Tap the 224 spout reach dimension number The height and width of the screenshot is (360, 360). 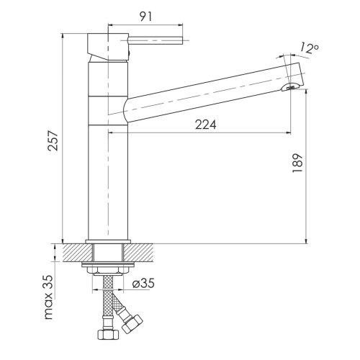pos(205,125)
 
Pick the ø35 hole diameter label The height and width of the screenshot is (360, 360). pos(145,284)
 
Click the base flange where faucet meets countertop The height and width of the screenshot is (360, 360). pos(108,241)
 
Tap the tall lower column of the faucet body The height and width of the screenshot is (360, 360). pos(108,180)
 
